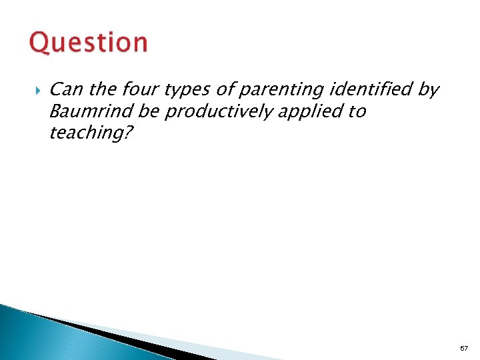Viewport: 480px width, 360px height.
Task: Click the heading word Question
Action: (x=89, y=43)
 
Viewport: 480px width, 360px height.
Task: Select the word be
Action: (x=147, y=111)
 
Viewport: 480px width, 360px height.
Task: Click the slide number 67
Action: (x=463, y=349)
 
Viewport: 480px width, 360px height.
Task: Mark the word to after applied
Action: (x=357, y=111)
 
